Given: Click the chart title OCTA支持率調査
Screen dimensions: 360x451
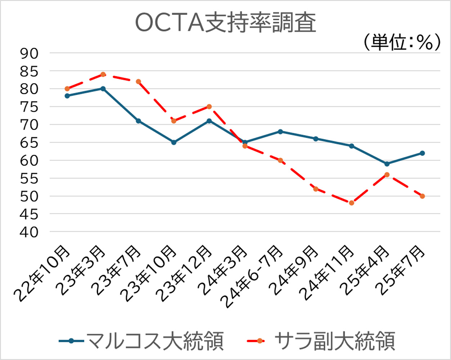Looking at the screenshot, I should (x=225, y=23).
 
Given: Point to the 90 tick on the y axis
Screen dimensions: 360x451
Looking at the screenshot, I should (x=29, y=53).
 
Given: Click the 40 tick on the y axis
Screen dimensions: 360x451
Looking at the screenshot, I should (x=29, y=232).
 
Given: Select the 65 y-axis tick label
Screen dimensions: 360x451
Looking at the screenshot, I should (x=29, y=143).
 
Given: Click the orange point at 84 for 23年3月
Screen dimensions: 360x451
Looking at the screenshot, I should (x=103, y=75).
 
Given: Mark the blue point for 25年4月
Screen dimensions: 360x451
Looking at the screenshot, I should (x=387, y=164).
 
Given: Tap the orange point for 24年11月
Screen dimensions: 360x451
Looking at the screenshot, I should (x=352, y=203).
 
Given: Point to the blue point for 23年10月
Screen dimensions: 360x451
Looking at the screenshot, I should (x=174, y=143).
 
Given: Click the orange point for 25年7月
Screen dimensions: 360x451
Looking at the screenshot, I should (x=422, y=196).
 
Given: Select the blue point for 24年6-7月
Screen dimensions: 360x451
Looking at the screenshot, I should (x=280, y=132).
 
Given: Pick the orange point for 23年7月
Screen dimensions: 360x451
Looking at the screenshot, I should (x=138, y=82).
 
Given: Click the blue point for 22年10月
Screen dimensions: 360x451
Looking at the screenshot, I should (x=67, y=96).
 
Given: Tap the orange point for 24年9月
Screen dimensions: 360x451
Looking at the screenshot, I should (x=316, y=189).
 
